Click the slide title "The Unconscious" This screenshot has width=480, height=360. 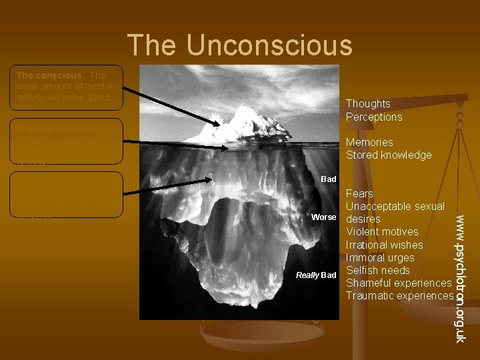[239, 45]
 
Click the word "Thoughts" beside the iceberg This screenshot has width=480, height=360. [368, 103]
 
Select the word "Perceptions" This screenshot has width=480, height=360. [374, 117]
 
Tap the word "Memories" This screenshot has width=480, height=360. [369, 142]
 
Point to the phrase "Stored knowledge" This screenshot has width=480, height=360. [389, 155]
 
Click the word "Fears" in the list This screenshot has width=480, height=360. [360, 193]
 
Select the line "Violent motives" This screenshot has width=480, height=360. [382, 232]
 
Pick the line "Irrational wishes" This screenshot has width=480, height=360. [384, 245]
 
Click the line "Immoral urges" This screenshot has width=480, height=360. [380, 257]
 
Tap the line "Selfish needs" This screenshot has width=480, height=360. [377, 270]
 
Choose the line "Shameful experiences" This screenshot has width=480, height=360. [399, 283]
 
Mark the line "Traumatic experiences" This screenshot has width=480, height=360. [400, 295]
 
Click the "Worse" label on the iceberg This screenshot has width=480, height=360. [323, 217]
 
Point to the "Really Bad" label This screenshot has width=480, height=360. [317, 275]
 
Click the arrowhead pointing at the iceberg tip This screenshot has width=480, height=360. [217, 123]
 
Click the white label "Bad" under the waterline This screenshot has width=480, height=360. [329, 179]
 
